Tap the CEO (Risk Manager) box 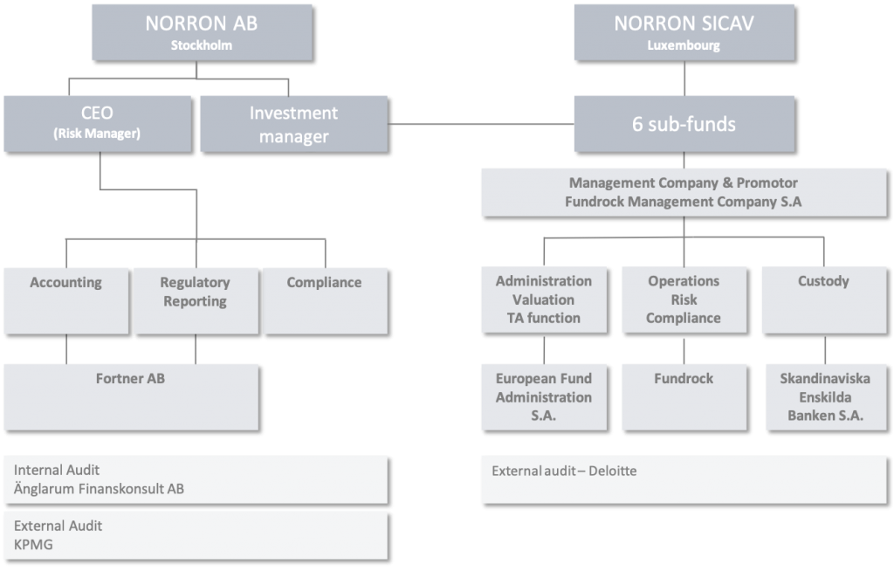[x=96, y=123]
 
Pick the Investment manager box [x=293, y=124]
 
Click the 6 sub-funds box [x=684, y=124]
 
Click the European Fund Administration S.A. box [x=544, y=396]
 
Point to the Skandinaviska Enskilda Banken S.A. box [x=822, y=396]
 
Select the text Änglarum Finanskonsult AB [x=99, y=488]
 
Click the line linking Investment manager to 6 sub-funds [x=480, y=125]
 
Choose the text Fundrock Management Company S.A [x=684, y=202]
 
